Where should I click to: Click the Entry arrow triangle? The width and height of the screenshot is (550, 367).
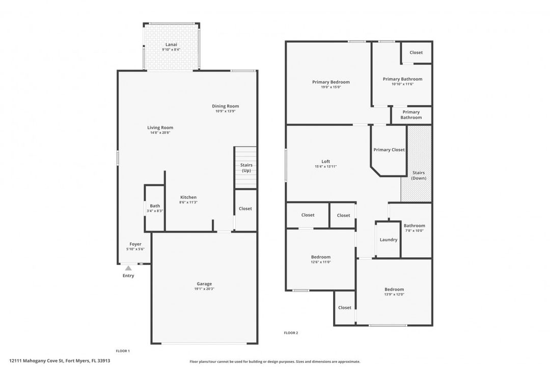tap(128, 268)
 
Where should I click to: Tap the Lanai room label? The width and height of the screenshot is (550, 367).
tap(171, 45)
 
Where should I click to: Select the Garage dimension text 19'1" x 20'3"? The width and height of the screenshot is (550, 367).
tap(204, 289)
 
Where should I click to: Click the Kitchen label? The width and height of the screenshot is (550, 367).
tap(188, 197)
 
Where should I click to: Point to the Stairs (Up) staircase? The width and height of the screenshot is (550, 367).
tap(245, 168)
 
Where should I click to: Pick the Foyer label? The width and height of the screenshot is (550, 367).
tap(135, 244)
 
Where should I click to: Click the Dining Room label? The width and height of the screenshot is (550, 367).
tap(225, 106)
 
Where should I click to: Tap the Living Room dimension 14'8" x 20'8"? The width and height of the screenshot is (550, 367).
tap(160, 133)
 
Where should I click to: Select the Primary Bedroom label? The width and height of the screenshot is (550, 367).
tap(331, 82)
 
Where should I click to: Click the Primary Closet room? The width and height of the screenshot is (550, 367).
tap(389, 150)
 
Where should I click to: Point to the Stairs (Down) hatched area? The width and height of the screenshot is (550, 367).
tap(417, 164)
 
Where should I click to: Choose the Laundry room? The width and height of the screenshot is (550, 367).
tap(388, 240)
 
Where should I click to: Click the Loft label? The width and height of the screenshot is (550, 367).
tap(325, 162)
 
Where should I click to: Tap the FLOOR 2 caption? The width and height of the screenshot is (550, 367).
tap(291, 333)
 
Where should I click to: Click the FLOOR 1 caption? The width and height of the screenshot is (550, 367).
tap(123, 351)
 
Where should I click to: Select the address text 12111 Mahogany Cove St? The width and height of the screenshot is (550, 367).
tap(37, 360)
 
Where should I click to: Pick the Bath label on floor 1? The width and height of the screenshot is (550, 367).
tap(155, 206)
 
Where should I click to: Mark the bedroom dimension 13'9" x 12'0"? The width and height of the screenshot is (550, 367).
tap(394, 295)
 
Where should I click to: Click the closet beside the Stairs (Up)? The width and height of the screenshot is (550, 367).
tap(245, 210)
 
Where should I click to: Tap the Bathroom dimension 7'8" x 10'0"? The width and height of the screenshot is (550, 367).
tap(414, 231)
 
